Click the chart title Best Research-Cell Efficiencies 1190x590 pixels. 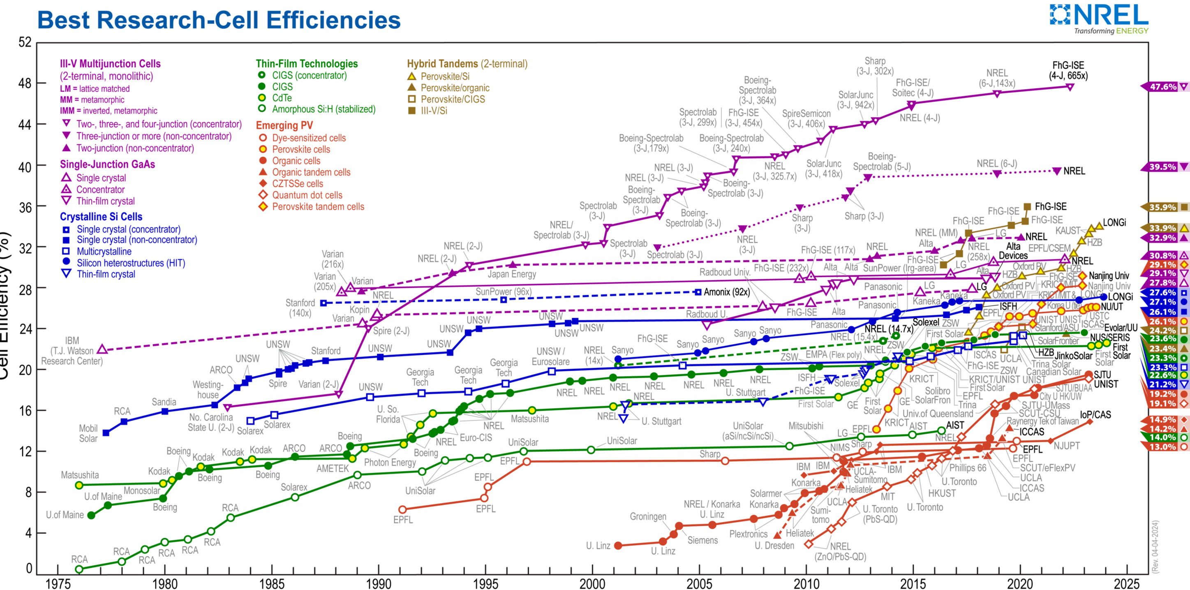219,20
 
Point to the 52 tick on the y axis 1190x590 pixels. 25,42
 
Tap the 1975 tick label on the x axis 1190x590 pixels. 58,583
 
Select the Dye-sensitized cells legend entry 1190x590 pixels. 309,138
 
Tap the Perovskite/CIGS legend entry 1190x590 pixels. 452,99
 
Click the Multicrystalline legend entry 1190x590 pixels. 104,251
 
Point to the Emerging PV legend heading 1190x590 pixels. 284,125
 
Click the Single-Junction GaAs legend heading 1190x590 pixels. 107,164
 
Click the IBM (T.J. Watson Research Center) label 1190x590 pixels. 72,351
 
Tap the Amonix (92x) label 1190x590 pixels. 727,292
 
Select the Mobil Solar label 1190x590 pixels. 88,433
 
